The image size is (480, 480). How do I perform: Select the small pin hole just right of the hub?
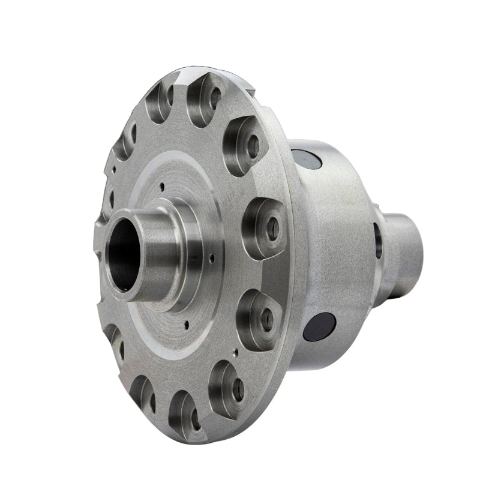pyautogui.click(x=211, y=259)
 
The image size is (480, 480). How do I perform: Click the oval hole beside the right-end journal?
pyautogui.click(x=377, y=240)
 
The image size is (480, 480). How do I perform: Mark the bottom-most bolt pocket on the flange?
pyautogui.click(x=184, y=414)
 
